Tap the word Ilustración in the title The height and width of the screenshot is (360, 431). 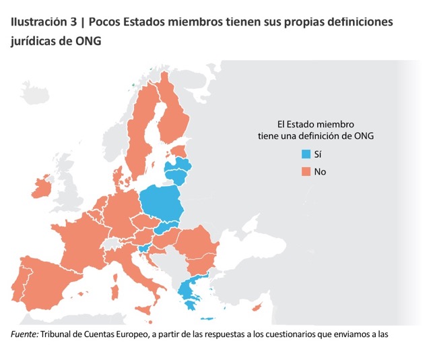click(x=39, y=22)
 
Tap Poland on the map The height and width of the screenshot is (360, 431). click(x=162, y=205)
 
